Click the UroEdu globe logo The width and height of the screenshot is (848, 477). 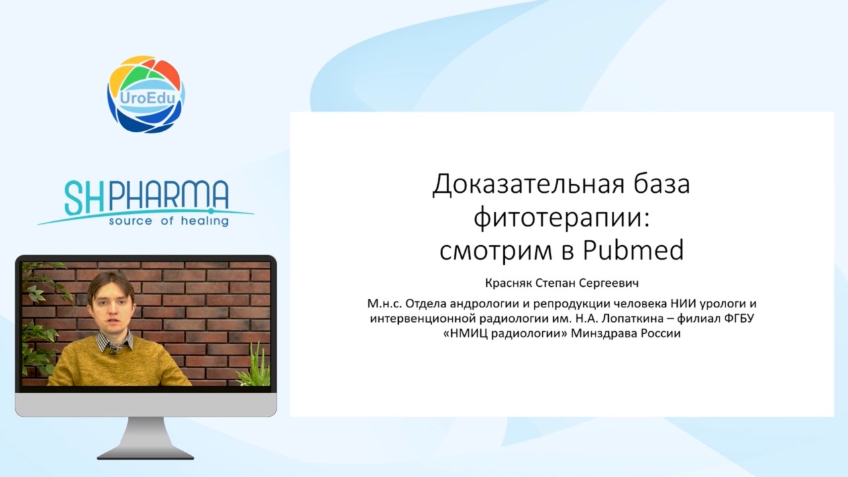(146, 94)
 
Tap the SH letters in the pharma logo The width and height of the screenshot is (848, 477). (85, 197)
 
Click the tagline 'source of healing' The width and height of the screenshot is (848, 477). (169, 221)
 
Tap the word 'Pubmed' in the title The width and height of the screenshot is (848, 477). (633, 250)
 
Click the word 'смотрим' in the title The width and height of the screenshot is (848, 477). (496, 251)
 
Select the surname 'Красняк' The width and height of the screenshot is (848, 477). (509, 283)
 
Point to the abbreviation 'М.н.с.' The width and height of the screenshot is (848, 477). (384, 303)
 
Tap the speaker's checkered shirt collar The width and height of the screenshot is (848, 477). (115, 342)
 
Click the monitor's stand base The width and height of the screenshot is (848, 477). (146, 454)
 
